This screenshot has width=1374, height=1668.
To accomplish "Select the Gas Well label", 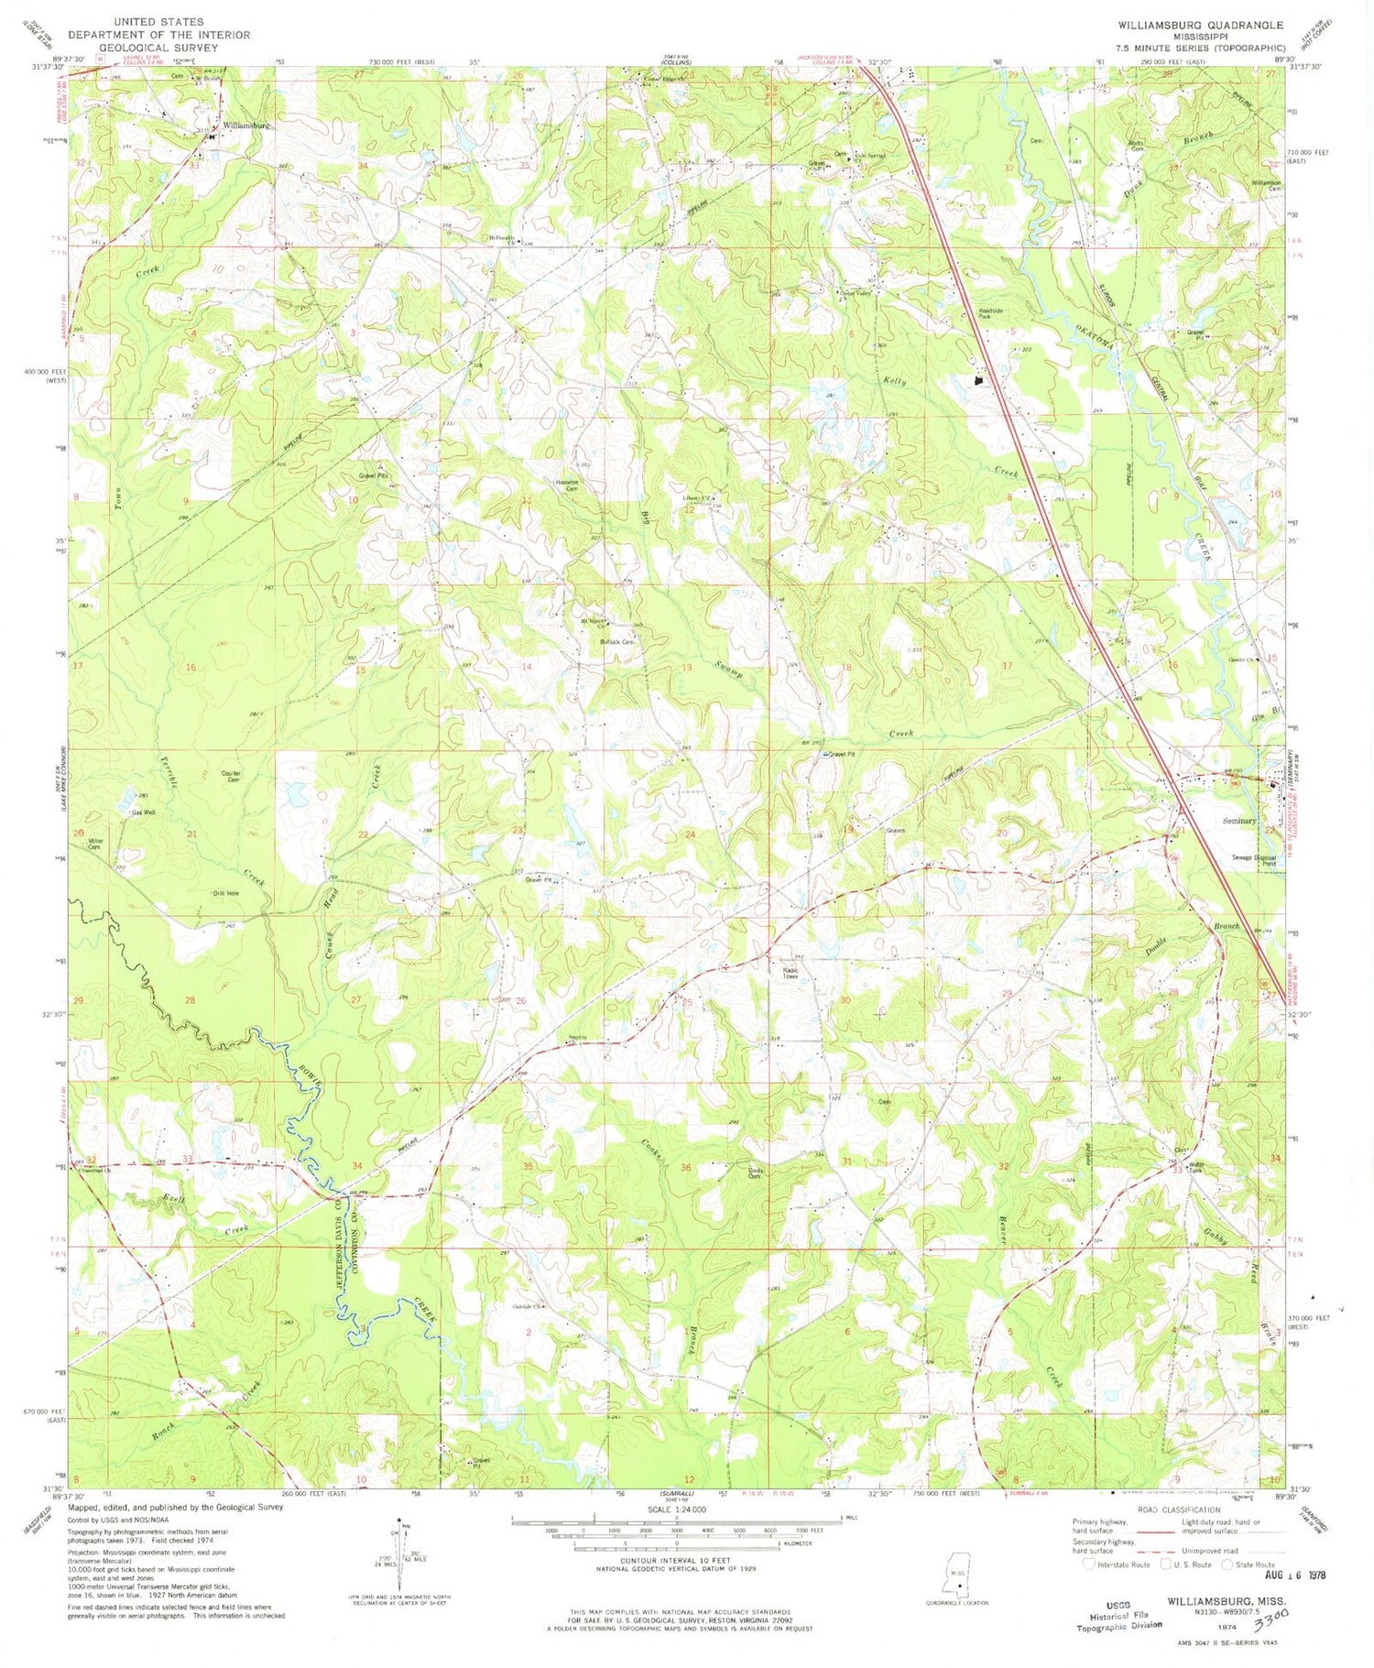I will click(x=144, y=812).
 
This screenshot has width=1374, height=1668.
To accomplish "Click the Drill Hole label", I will click(x=225, y=892).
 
